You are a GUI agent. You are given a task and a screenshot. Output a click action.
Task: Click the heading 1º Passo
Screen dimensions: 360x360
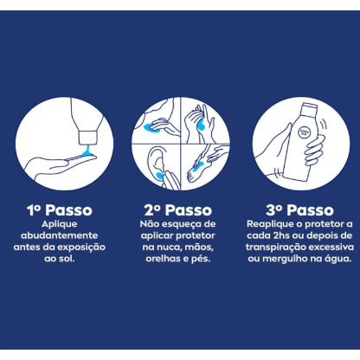[60, 210]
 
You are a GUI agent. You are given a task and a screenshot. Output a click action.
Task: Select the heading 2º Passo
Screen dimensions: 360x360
[178, 210]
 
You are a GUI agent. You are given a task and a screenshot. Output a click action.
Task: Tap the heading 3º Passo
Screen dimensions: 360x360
[299, 210]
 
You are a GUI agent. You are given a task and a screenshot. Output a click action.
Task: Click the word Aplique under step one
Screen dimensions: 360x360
[60, 224]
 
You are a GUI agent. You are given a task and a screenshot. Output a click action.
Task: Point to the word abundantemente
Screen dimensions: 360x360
[60, 235]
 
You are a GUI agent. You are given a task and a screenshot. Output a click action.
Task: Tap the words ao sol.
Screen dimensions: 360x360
[60, 259]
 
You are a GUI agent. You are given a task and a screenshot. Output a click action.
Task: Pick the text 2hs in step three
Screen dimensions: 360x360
[280, 235]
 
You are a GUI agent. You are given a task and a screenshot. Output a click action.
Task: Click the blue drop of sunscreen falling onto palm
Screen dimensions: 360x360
[87, 151]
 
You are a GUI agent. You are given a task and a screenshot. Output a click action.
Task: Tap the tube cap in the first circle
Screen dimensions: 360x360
[87, 138]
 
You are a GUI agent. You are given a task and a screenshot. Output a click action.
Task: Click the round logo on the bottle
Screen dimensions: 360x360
[304, 132]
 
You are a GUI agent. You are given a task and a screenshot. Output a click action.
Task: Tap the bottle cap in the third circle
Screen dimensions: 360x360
[309, 107]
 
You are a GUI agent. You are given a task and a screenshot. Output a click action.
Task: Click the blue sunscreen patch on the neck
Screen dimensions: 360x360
[151, 127]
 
